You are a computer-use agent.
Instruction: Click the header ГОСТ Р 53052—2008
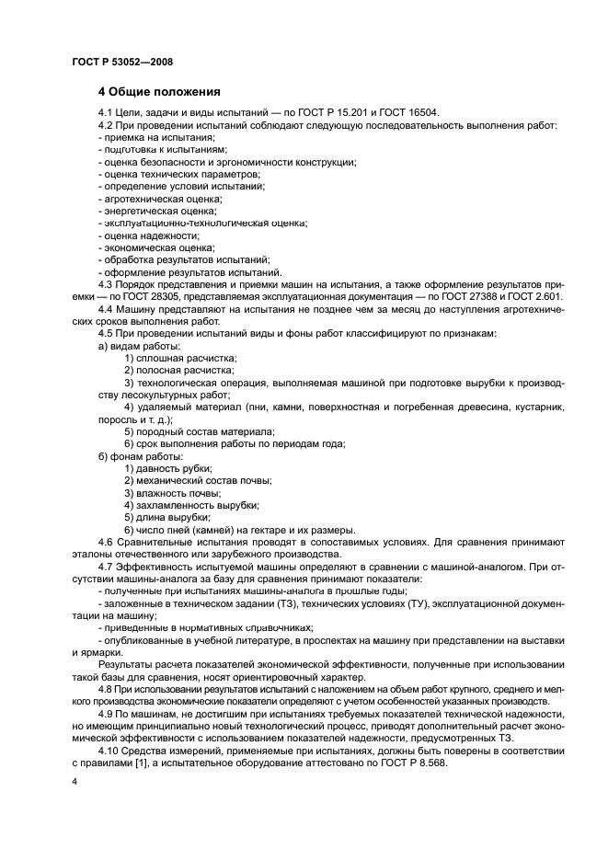point(121,62)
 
